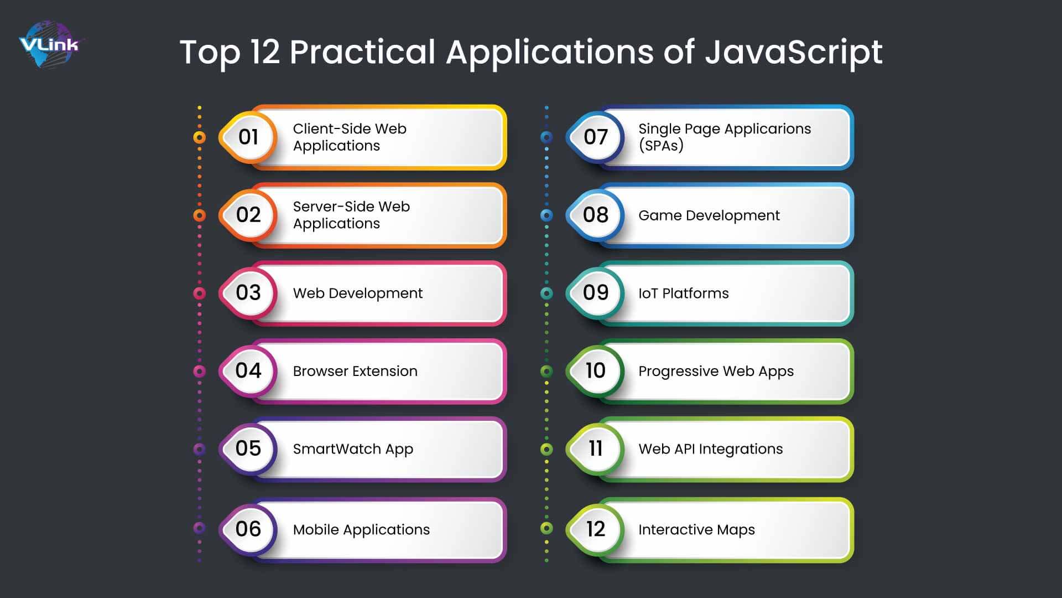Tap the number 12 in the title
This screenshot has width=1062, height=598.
tap(265, 52)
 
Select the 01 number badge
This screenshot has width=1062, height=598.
tap(248, 137)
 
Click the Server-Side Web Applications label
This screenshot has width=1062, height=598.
tap(351, 215)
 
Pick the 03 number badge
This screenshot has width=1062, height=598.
tap(248, 293)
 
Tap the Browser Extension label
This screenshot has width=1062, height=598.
tap(355, 371)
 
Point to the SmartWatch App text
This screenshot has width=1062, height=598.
tap(353, 449)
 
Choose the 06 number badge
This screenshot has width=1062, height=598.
tap(248, 529)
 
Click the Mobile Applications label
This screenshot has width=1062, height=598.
tap(361, 530)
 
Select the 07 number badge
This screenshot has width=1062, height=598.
tap(595, 137)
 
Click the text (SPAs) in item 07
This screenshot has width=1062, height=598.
tap(661, 146)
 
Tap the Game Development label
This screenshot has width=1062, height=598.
tap(709, 215)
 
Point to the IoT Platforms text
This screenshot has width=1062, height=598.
tap(684, 293)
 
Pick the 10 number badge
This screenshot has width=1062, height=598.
tap(595, 371)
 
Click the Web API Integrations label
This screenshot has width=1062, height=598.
tap(711, 449)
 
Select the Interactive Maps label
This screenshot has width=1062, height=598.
tap(696, 530)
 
